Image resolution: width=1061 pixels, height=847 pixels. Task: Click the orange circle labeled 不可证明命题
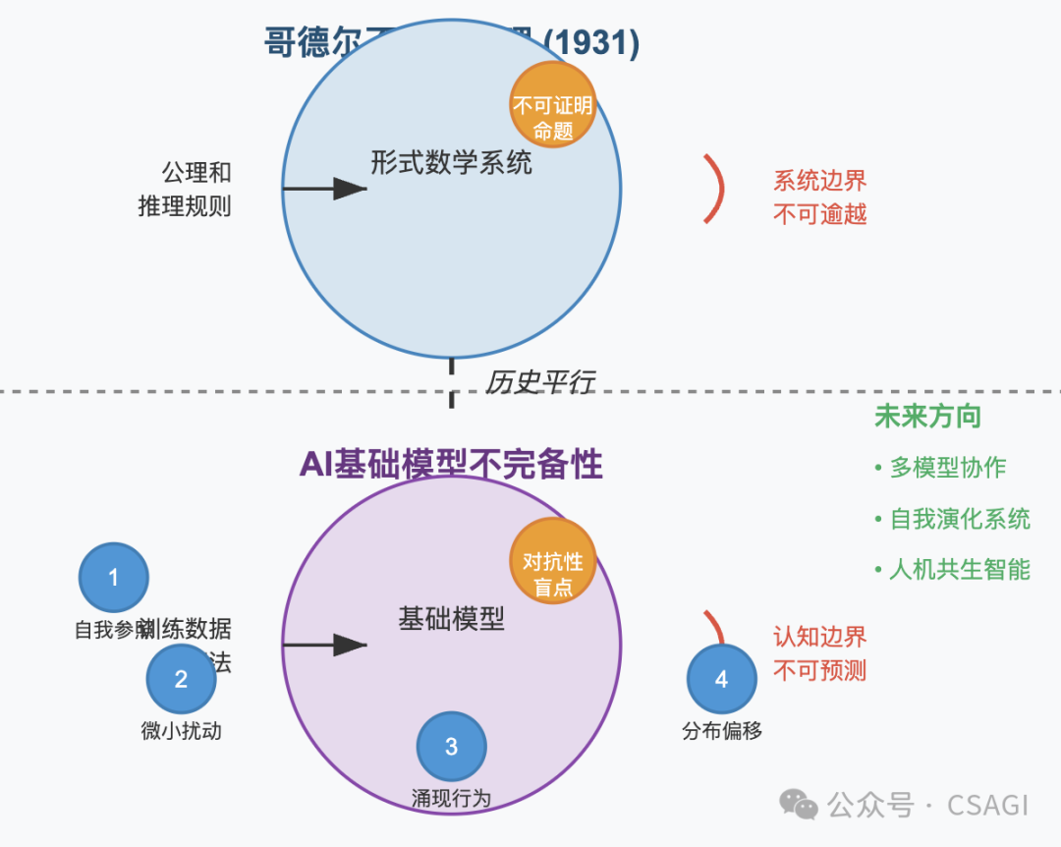tap(553, 105)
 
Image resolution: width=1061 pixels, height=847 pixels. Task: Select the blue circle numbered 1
tap(113, 578)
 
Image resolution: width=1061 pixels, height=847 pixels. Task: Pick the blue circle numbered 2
tap(181, 679)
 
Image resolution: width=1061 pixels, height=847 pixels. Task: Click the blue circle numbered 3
tap(451, 747)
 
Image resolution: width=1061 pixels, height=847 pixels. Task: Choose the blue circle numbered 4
tap(722, 679)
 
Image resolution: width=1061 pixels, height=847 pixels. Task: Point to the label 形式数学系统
tap(451, 162)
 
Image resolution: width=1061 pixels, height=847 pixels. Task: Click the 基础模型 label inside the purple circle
tap(451, 618)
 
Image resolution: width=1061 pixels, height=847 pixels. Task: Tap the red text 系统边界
tap(819, 181)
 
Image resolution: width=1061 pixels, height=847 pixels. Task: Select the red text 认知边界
tap(819, 637)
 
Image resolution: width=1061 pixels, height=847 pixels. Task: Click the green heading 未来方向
tap(927, 416)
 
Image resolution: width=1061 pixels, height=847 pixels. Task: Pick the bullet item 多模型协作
tap(947, 468)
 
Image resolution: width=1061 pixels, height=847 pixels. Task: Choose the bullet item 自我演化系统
tap(959, 519)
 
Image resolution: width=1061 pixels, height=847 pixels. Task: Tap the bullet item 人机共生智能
tap(959, 569)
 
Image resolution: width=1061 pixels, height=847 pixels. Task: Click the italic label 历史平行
tap(540, 382)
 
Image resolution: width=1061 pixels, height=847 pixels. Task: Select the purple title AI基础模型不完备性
tap(451, 464)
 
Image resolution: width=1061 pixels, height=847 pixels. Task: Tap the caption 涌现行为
tap(451, 797)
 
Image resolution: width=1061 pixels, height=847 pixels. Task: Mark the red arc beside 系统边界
tap(716, 189)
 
